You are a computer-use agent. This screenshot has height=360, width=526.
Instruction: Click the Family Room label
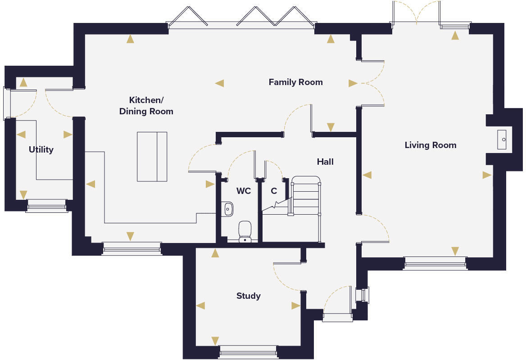295,82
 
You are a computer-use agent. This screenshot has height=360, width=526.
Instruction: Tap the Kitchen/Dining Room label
146,106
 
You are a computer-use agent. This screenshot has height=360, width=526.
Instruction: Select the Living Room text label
431,145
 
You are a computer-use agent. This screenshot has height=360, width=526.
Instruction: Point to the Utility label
41,149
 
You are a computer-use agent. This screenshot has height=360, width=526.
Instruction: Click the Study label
248,296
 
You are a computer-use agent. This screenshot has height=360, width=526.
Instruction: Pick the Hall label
325,162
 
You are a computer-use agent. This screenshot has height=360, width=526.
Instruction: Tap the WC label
244,191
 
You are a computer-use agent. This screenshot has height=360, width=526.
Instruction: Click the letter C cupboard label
274,191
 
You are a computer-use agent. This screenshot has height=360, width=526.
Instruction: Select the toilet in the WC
245,231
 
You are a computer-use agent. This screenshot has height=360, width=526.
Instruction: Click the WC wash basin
227,209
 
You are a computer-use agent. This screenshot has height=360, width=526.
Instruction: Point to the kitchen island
152,157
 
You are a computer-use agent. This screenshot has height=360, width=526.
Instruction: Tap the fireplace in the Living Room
502,139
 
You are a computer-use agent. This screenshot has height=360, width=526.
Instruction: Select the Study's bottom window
248,352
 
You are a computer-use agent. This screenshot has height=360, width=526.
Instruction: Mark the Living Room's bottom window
435,263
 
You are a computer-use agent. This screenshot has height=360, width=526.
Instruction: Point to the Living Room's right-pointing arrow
487,175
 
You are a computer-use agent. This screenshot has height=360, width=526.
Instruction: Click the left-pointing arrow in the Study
200,306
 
